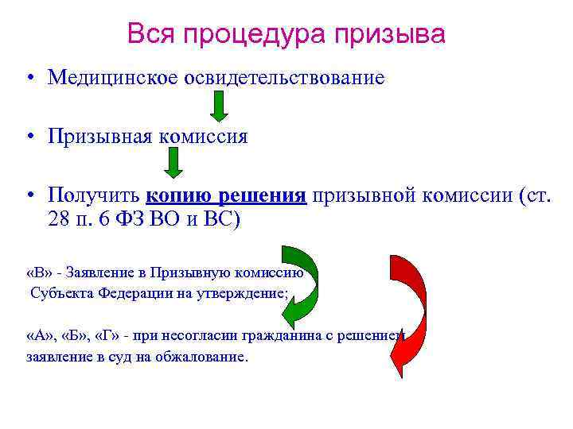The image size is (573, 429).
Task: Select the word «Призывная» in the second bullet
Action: click(99, 137)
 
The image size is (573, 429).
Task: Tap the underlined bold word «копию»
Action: click(178, 195)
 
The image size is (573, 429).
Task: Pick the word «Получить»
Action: click(93, 195)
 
